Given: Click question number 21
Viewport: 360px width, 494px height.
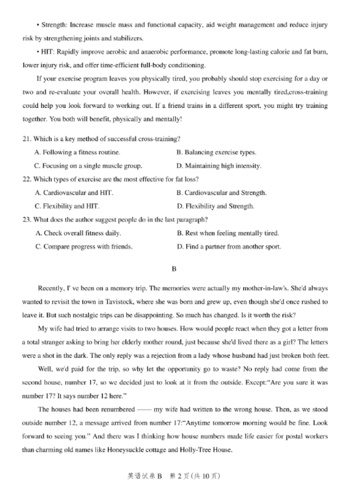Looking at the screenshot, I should [x=27, y=139].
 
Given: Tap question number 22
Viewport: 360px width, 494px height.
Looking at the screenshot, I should [x=27, y=179].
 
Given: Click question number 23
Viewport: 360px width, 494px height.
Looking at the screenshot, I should [x=27, y=219].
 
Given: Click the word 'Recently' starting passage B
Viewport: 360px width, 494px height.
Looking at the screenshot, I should [x=51, y=288].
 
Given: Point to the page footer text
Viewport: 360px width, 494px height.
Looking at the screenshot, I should [x=174, y=476].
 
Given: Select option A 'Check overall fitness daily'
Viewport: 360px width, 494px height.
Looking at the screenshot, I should [x=78, y=233].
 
